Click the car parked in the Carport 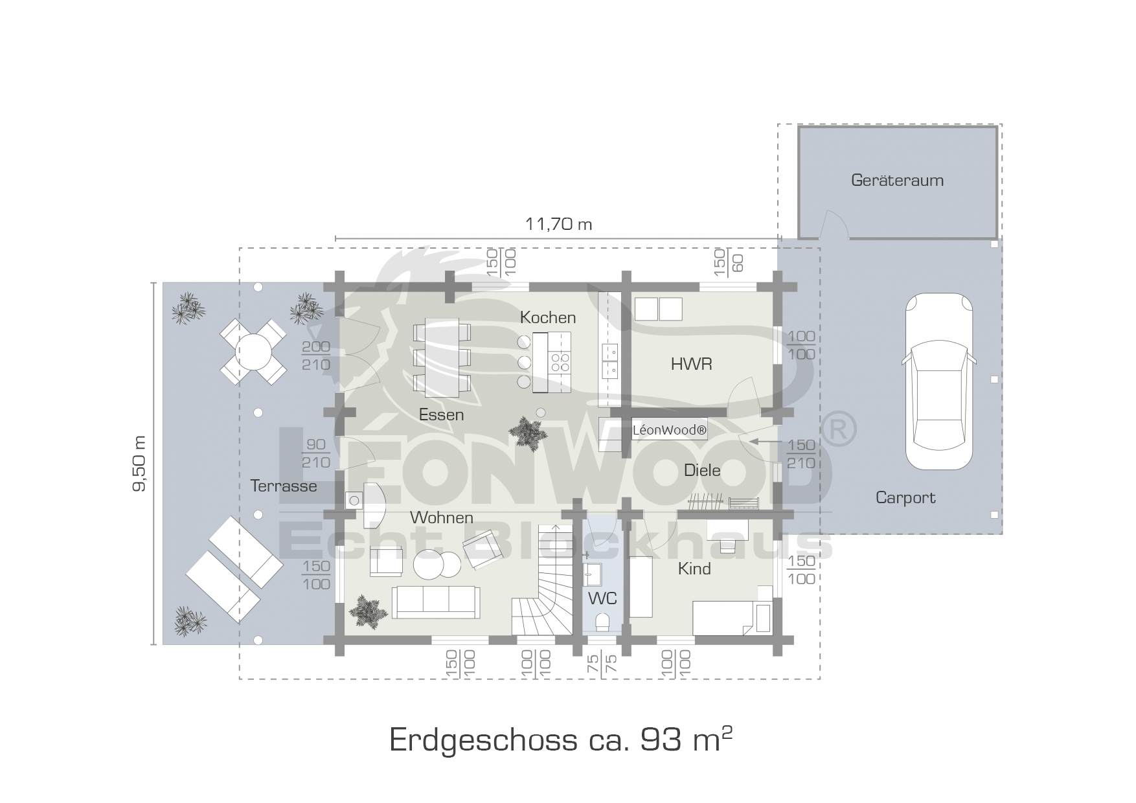(938, 381)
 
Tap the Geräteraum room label (897, 180)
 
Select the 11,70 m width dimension (558, 224)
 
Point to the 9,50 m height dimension (140, 463)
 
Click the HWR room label (691, 364)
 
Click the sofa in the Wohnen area (435, 602)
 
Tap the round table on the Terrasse (253, 352)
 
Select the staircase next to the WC (543, 595)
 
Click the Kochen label (548, 317)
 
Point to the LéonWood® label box (669, 430)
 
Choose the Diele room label (702, 470)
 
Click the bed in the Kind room (733, 617)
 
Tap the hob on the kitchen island (560, 362)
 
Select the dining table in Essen (442, 357)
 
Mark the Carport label (905, 497)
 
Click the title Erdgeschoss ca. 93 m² (561, 739)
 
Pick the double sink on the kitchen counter (609, 361)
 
